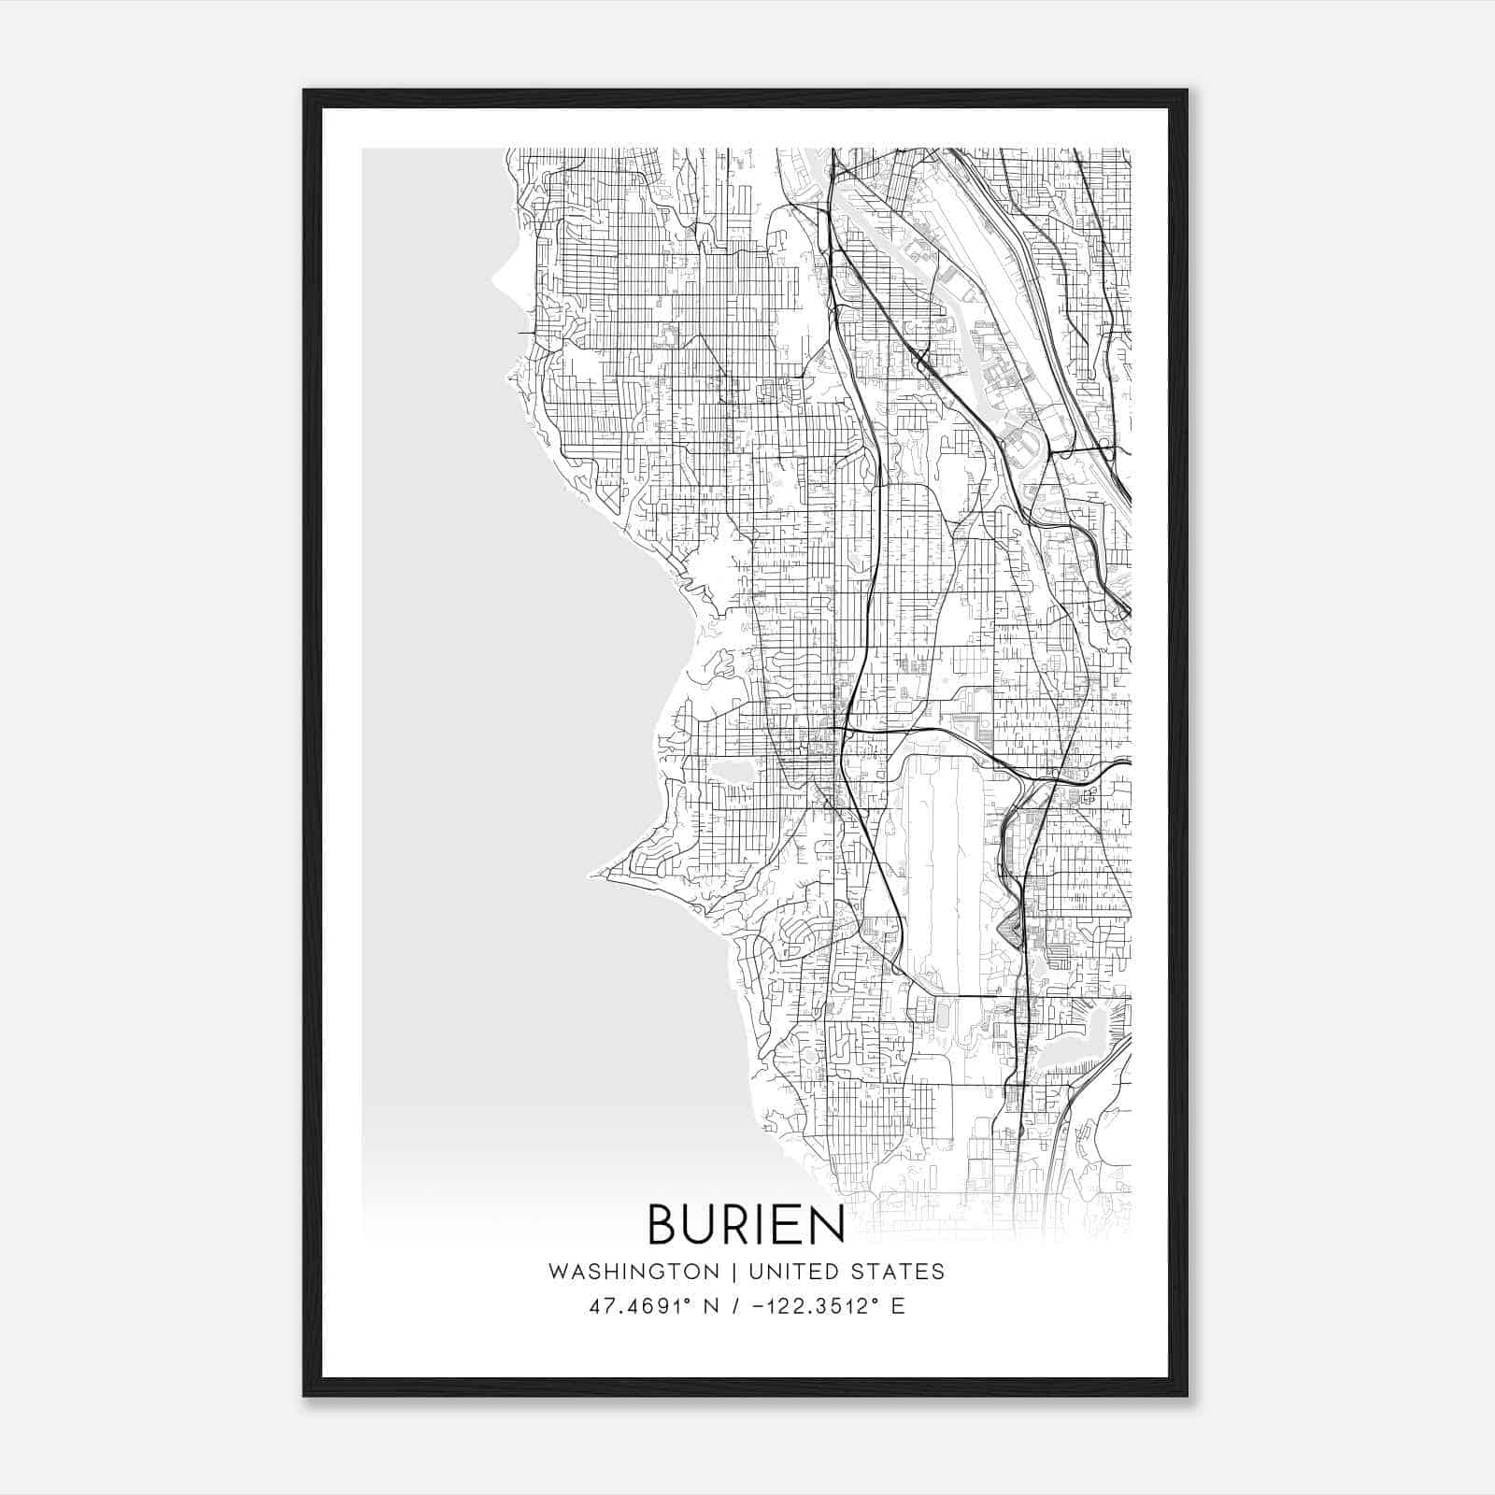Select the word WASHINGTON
click(x=634, y=1272)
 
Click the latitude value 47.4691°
click(x=640, y=1306)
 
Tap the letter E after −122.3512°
click(x=898, y=1306)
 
